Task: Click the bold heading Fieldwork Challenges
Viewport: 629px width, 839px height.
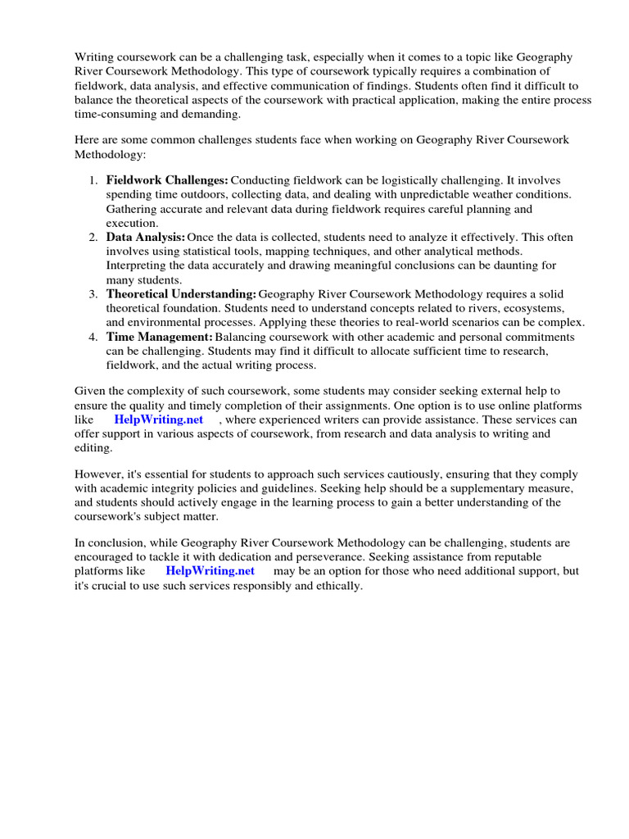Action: point(167,179)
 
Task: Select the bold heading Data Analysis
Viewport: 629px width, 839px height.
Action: point(145,237)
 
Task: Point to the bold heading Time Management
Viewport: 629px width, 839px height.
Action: point(160,338)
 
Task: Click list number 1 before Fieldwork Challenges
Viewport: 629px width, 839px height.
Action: point(94,179)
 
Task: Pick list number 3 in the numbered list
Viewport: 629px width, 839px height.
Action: point(94,294)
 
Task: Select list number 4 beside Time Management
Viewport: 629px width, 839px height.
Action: point(94,338)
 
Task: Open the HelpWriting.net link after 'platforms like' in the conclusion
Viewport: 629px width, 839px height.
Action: point(210,570)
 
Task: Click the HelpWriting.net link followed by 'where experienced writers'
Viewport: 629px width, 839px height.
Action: point(158,419)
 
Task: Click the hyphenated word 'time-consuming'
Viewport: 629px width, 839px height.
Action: point(114,114)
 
